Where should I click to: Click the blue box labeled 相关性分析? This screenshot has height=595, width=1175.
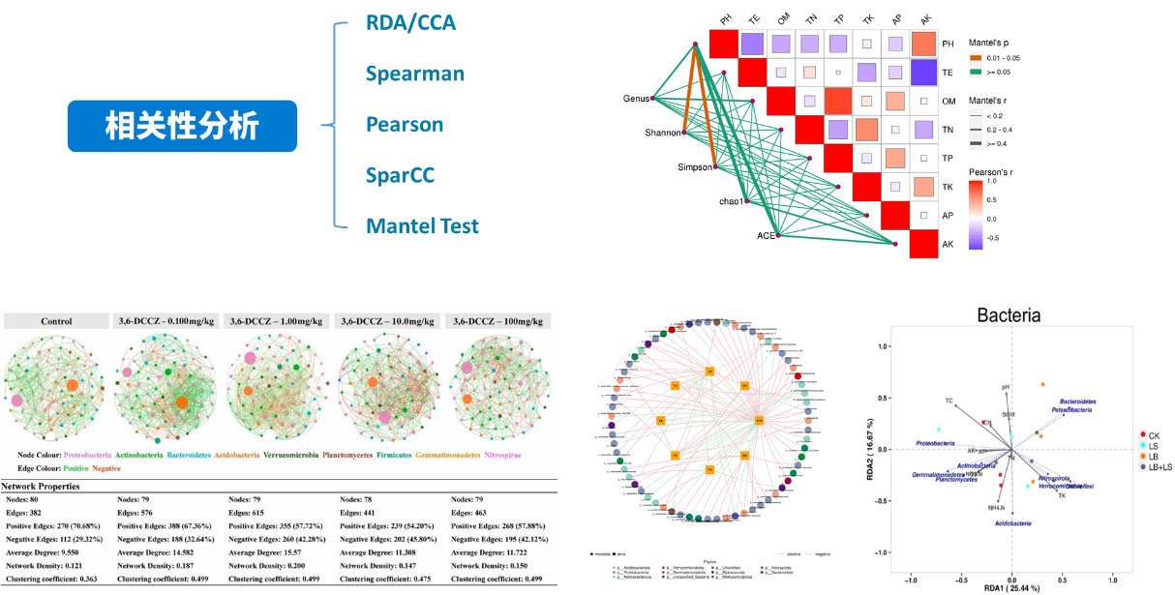(181, 127)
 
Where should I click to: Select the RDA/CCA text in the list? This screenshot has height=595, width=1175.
(410, 22)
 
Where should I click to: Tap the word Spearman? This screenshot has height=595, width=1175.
(414, 74)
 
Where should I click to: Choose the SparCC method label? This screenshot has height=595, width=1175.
(400, 175)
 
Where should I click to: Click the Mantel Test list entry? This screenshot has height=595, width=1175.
(422, 226)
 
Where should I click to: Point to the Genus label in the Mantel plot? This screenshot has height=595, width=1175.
(636, 99)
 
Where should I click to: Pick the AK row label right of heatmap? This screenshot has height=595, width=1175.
(949, 245)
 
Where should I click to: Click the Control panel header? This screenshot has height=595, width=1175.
(56, 321)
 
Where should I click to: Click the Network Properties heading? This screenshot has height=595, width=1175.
(54, 487)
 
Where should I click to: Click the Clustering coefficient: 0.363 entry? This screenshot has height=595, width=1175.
(54, 579)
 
